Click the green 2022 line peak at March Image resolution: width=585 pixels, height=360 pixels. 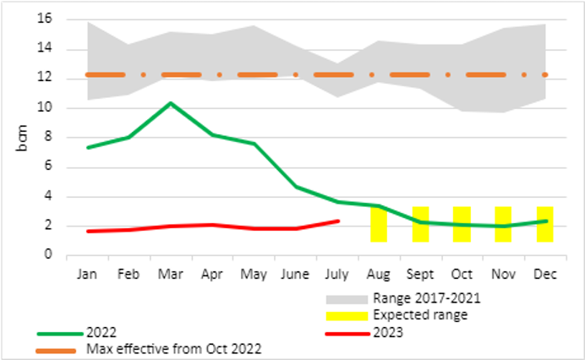click(171, 103)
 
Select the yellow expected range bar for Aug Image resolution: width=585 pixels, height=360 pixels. click(378, 225)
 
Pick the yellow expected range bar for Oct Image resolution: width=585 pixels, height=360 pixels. click(462, 224)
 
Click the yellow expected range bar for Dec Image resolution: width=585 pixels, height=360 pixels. click(544, 224)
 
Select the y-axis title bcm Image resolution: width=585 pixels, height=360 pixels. click(20, 137)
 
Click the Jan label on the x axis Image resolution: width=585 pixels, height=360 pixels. click(87, 275)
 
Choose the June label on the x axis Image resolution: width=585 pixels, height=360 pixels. click(295, 275)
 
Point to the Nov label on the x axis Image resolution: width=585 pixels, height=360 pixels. click(503, 275)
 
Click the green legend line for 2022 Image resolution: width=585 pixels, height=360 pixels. click(57, 331)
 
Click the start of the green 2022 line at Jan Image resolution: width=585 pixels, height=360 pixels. click(88, 147)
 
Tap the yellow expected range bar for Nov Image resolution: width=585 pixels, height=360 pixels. click(503, 224)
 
